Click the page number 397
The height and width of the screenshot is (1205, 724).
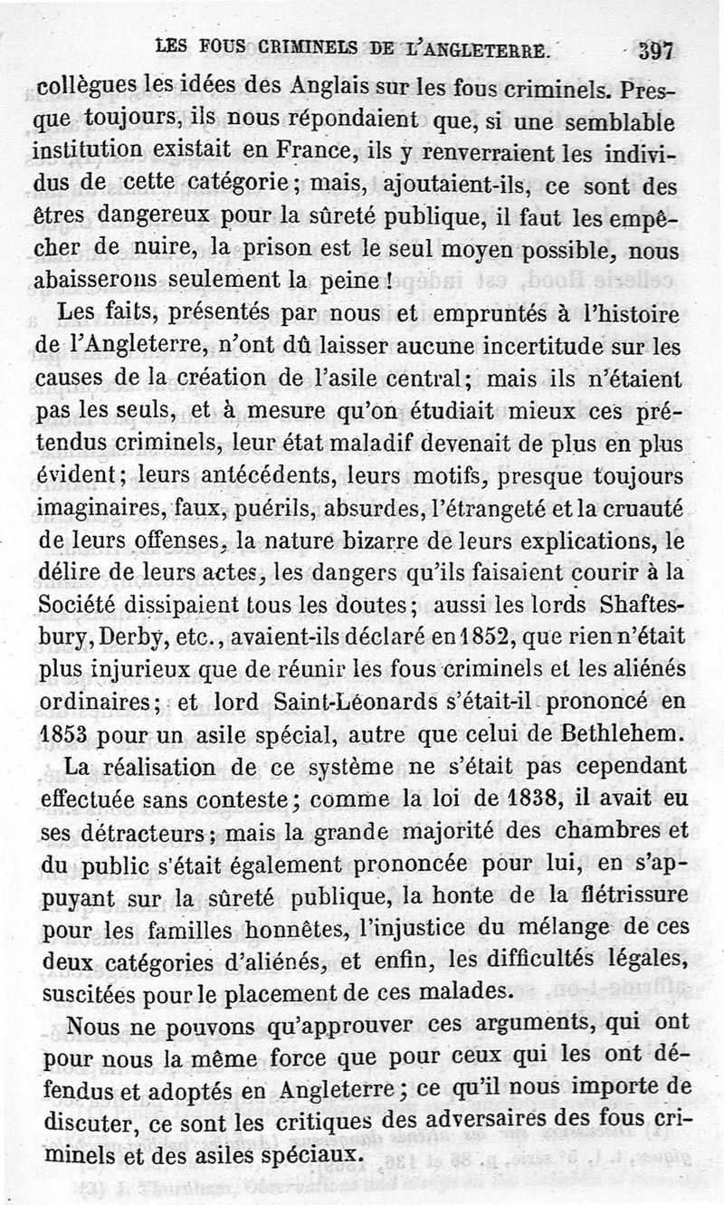655,50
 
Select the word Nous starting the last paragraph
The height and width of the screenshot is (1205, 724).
92,1026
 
